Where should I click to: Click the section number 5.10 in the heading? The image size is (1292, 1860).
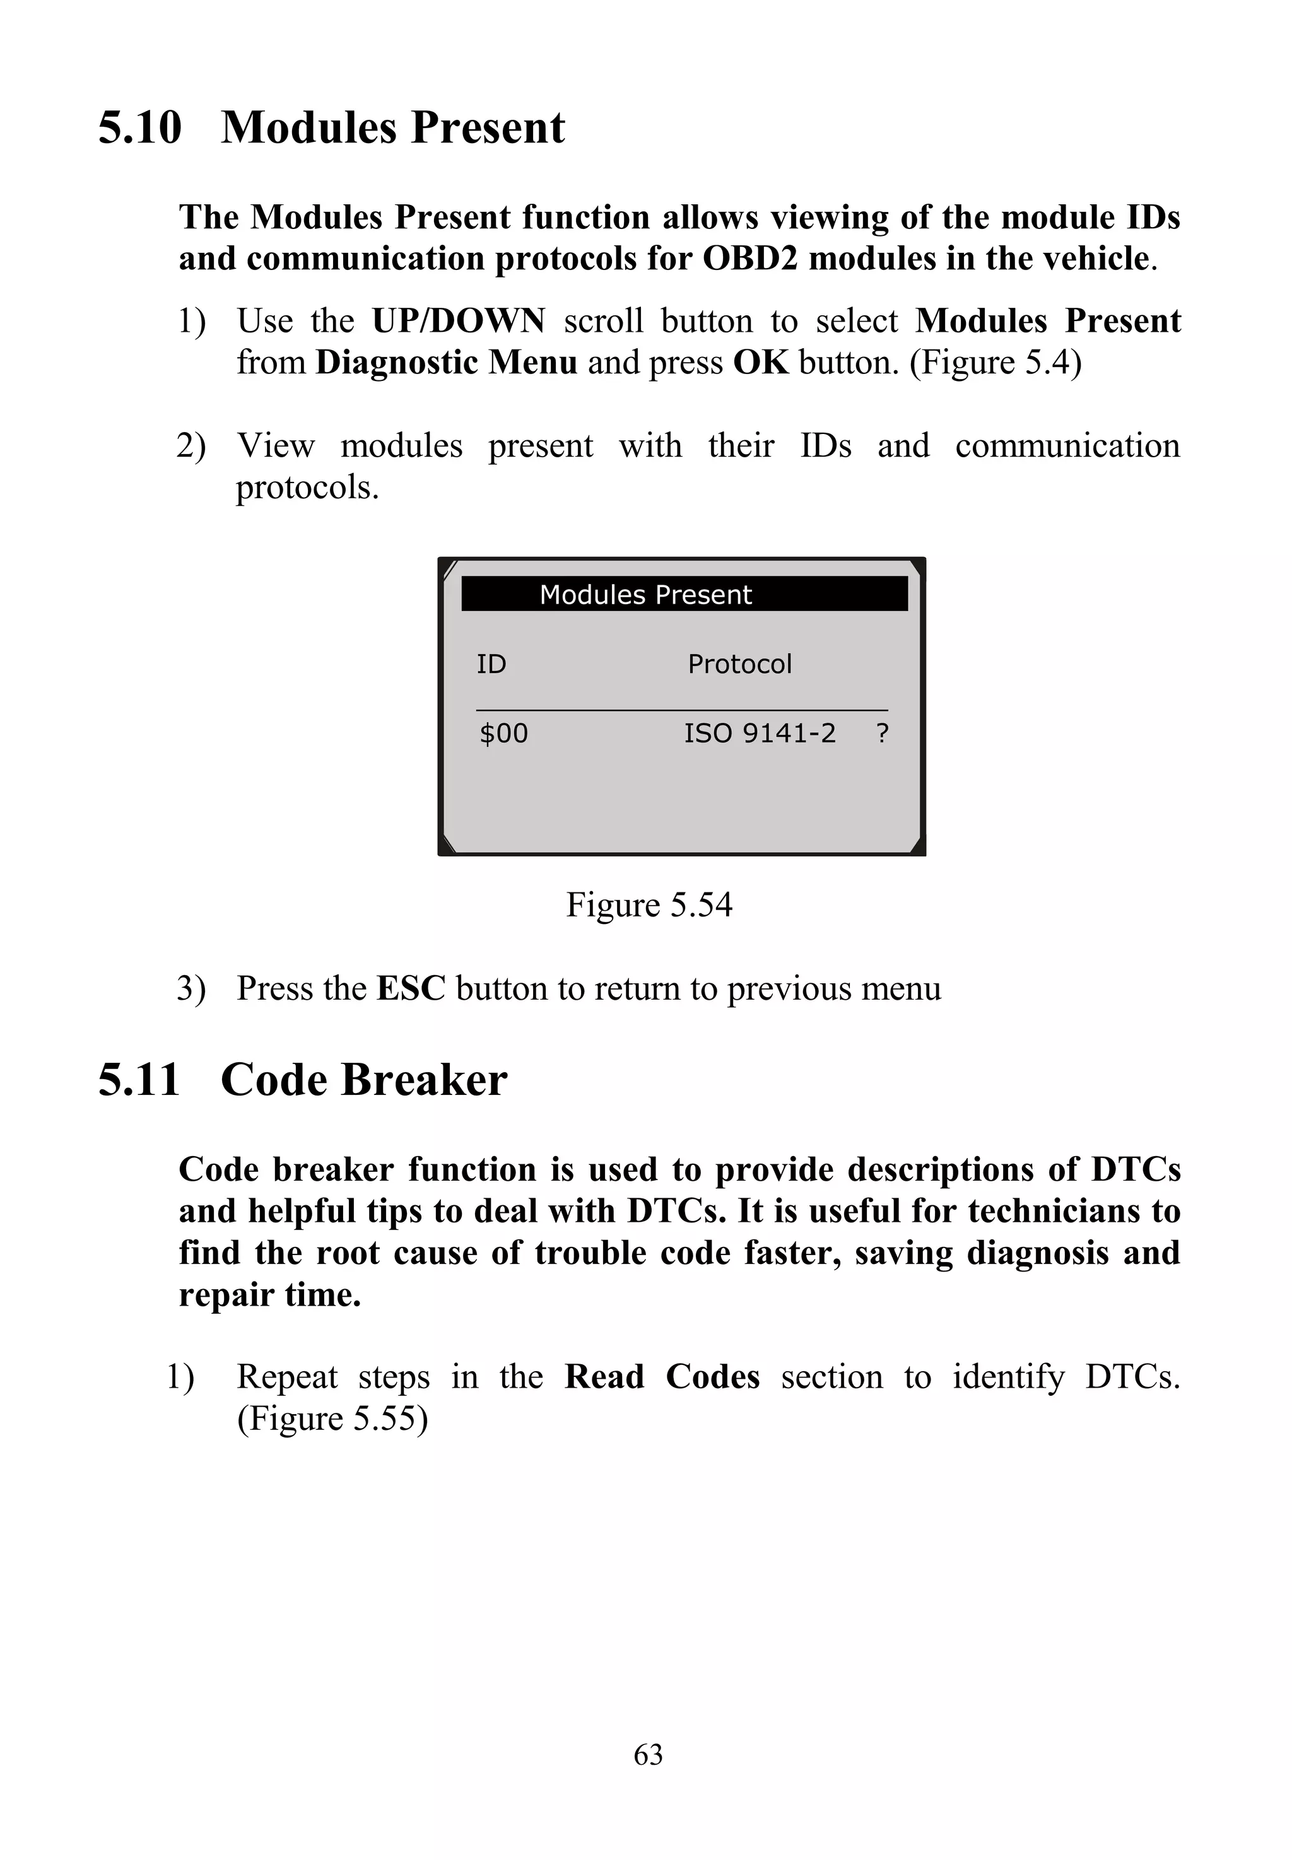point(140,128)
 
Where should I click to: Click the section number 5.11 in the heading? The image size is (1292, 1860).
point(138,1080)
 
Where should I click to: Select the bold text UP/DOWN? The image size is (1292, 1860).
point(458,321)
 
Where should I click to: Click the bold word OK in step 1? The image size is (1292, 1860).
point(760,363)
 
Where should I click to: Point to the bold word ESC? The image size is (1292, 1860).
point(411,988)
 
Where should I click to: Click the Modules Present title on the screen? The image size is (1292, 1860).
point(645,595)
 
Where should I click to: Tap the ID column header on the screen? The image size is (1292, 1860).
point(491,665)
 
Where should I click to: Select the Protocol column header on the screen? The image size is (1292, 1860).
point(739,665)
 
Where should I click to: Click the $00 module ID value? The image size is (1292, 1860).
point(503,734)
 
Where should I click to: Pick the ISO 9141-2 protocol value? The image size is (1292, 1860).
point(760,734)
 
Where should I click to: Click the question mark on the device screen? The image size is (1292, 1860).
point(883,734)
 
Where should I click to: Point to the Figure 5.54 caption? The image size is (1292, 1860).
point(649,905)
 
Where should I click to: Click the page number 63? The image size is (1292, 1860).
point(648,1755)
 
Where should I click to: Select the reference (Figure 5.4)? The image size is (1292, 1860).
point(995,363)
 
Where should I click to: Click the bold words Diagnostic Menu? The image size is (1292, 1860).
point(446,363)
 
